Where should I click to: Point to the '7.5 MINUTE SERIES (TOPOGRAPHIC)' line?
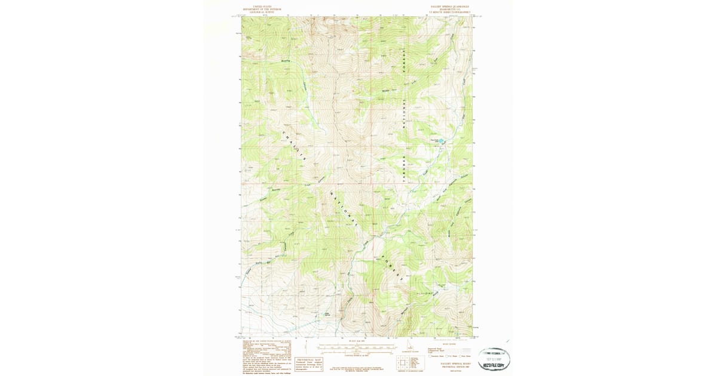[x=446, y=12]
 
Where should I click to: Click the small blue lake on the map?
[x=443, y=141]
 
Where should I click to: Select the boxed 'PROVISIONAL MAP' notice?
[x=309, y=363]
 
